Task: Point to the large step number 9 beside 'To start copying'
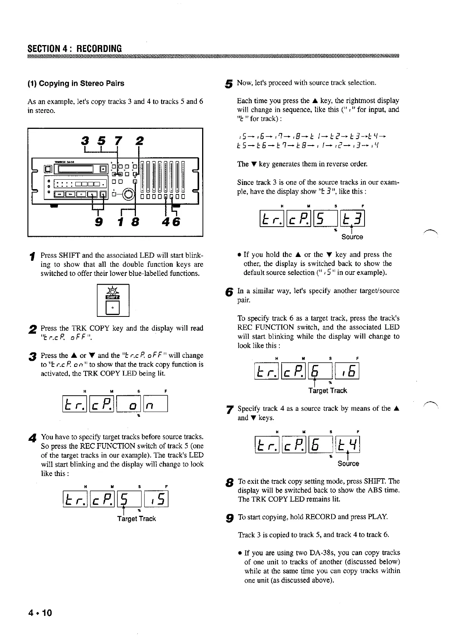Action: tap(228, 518)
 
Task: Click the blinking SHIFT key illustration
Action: tap(113, 299)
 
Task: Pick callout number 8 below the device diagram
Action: tap(135, 222)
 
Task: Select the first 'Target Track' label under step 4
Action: tap(136, 519)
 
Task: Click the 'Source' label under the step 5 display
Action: tap(352, 237)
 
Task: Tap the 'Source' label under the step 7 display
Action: tap(348, 464)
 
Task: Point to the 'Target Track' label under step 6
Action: tap(328, 391)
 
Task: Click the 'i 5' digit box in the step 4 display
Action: tap(156, 499)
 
